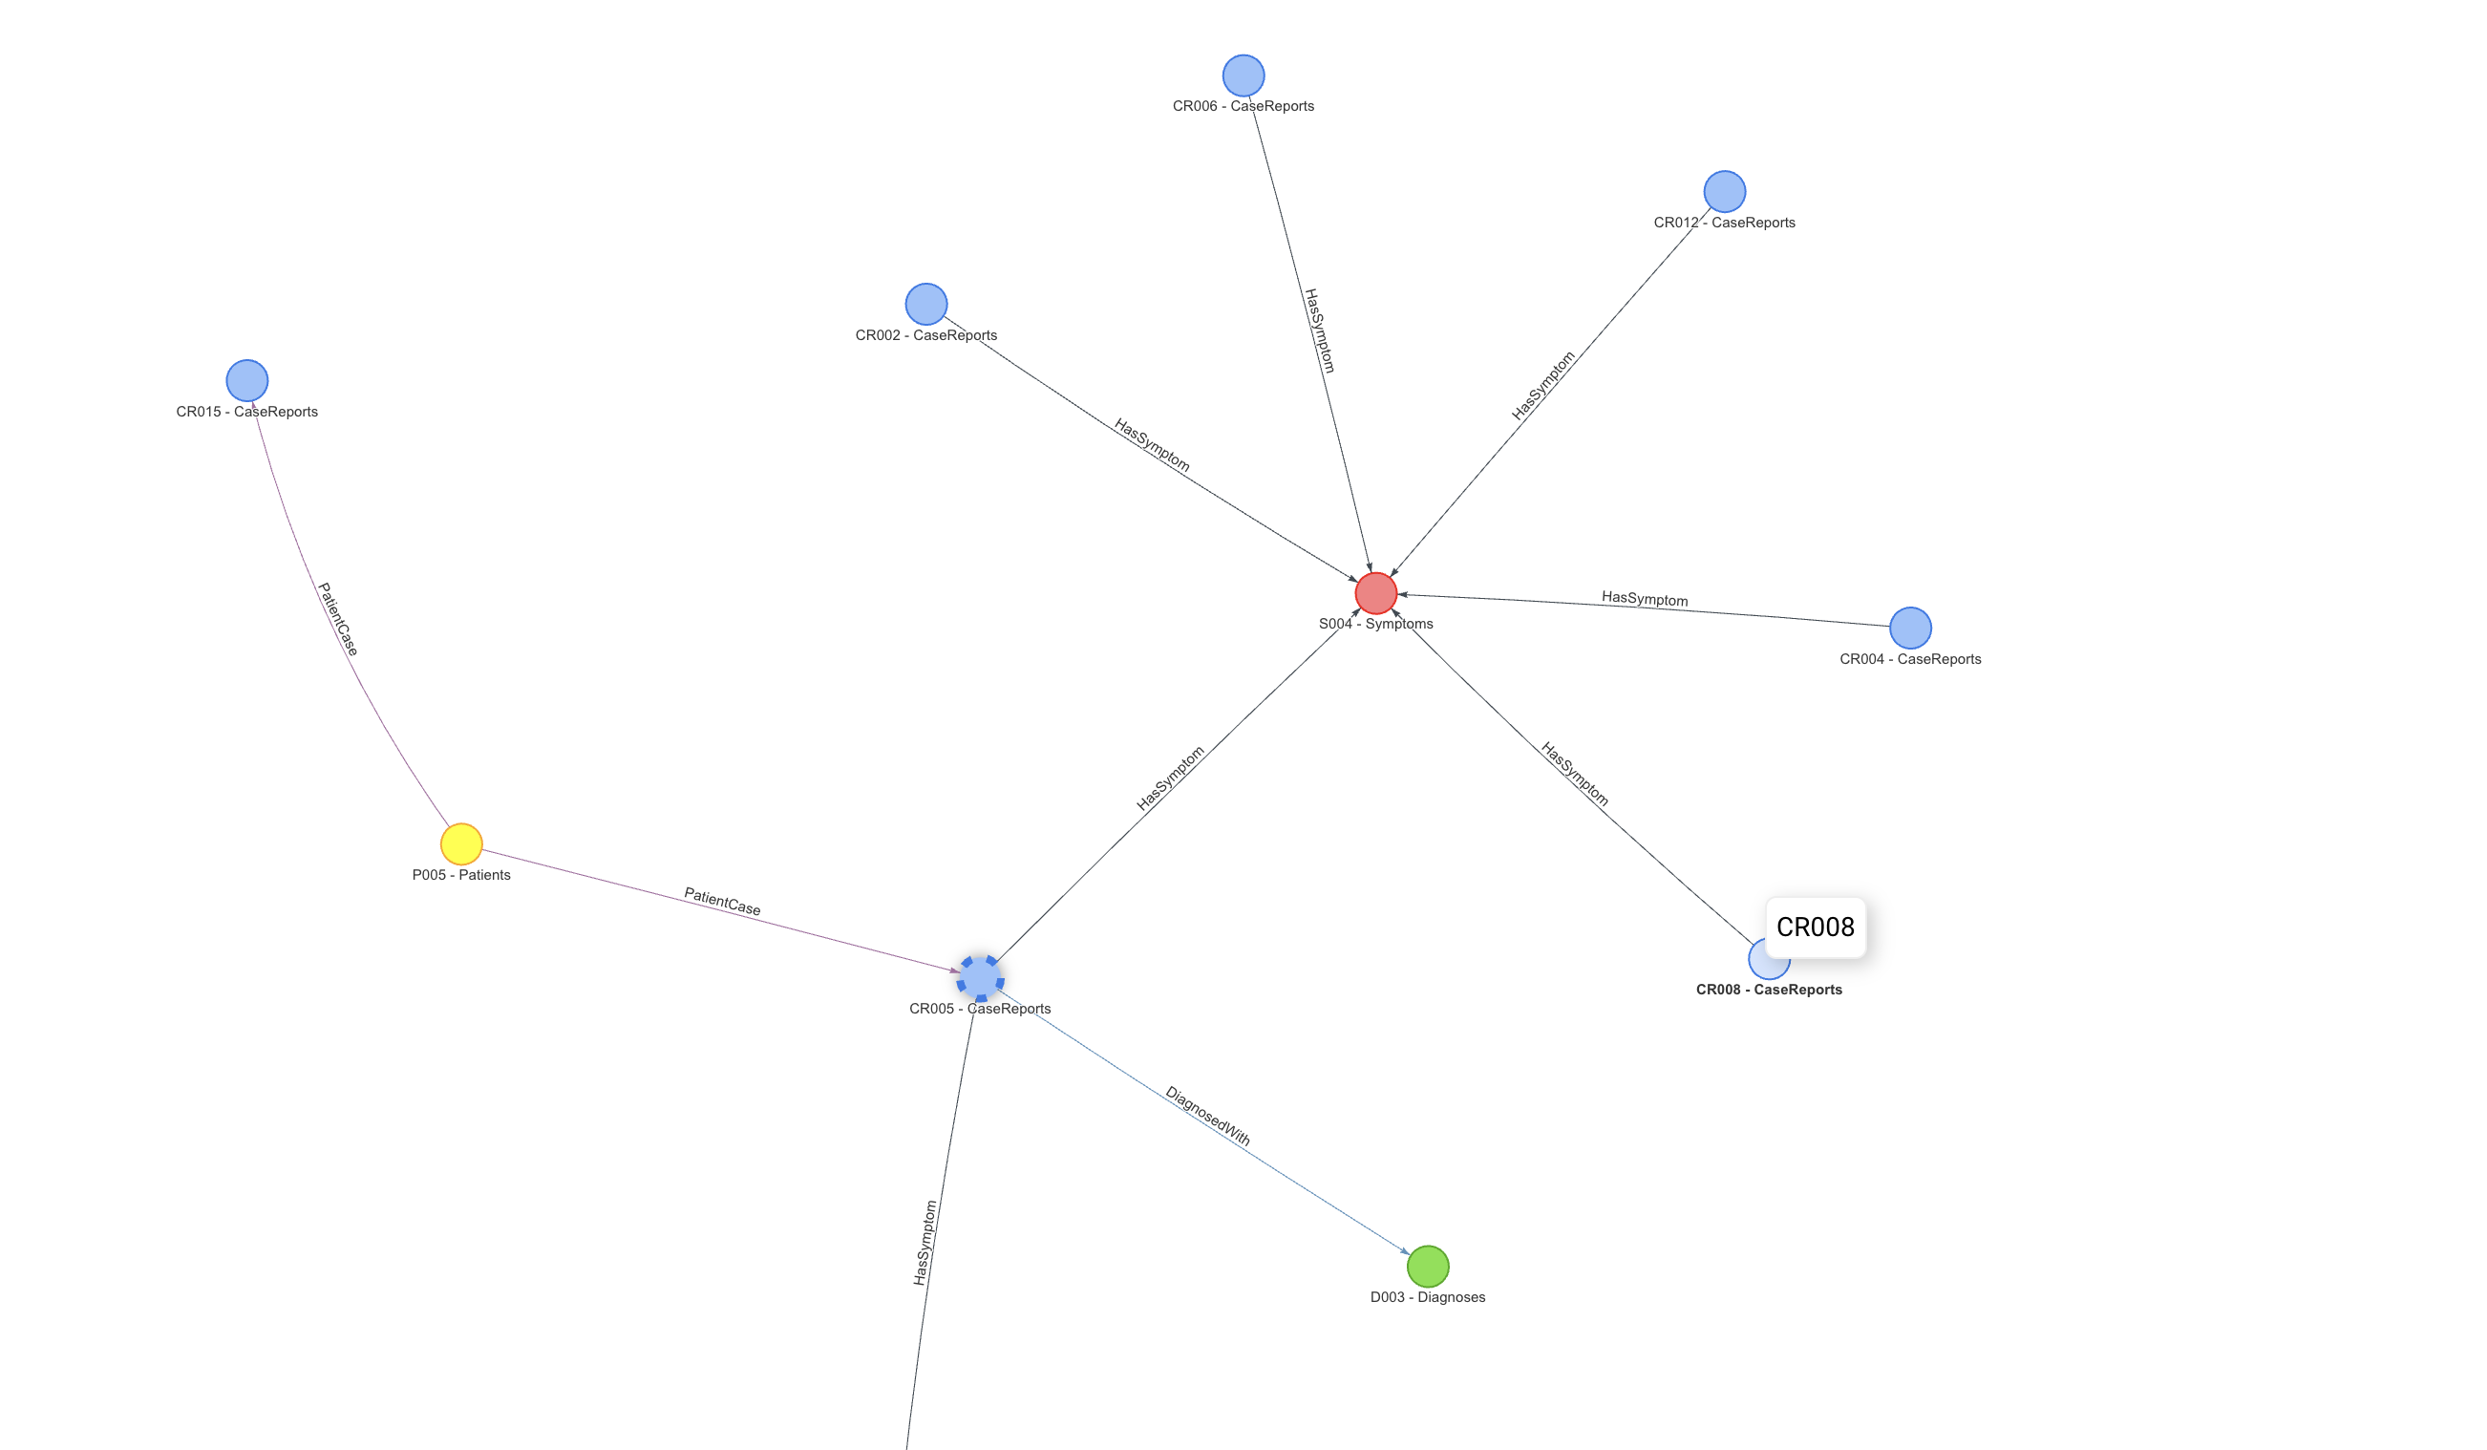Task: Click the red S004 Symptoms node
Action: click(x=1375, y=593)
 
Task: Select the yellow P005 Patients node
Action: click(x=461, y=844)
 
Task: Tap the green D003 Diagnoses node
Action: click(x=1427, y=1267)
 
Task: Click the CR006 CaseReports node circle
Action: click(x=1243, y=75)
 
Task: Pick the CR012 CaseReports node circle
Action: click(x=1724, y=191)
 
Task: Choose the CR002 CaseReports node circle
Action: click(x=925, y=304)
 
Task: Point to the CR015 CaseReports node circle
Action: click(x=246, y=380)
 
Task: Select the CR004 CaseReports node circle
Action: click(x=1910, y=628)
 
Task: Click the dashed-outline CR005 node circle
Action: click(x=980, y=978)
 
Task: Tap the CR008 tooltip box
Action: click(x=1815, y=927)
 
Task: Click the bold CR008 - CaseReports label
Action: click(x=1769, y=989)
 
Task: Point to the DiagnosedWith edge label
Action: click(x=1207, y=1117)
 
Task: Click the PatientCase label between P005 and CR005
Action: click(x=721, y=901)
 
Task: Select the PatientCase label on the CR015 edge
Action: click(x=337, y=619)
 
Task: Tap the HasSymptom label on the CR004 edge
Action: click(x=1645, y=598)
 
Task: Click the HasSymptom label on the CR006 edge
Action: click(x=1320, y=331)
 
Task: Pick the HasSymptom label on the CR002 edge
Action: click(x=1152, y=444)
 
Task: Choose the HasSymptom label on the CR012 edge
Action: click(x=1542, y=386)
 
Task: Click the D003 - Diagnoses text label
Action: click(x=1427, y=1297)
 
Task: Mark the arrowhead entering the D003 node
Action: click(x=1406, y=1251)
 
